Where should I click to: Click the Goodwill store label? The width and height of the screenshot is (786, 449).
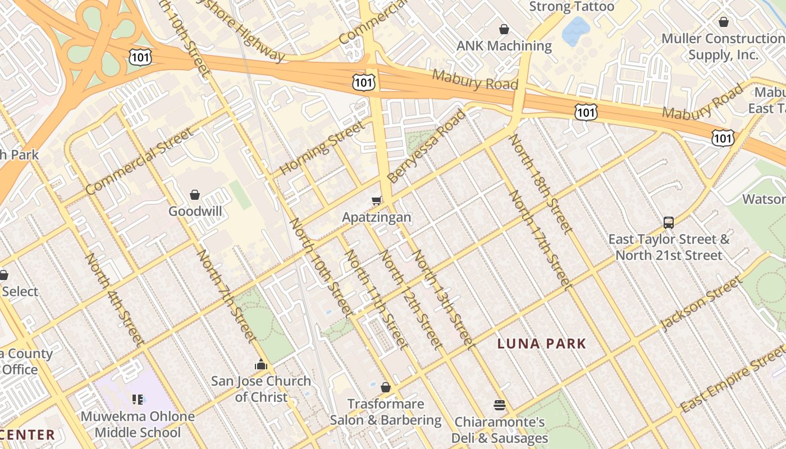click(x=195, y=212)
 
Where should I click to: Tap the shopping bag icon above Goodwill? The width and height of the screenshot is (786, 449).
click(x=195, y=195)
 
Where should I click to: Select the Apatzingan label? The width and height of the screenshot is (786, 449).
click(x=377, y=217)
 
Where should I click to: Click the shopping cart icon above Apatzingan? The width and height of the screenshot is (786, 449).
click(x=377, y=200)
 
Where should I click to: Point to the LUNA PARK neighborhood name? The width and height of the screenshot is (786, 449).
click(x=542, y=343)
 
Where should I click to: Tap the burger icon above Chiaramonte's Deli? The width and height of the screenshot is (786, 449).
click(x=500, y=405)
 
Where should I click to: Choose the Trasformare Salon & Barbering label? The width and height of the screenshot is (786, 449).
click(x=386, y=412)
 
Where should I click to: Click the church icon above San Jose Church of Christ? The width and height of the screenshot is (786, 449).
click(x=261, y=365)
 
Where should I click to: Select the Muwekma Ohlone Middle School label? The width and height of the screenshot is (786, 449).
click(x=138, y=424)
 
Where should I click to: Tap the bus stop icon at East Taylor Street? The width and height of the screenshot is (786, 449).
click(x=669, y=223)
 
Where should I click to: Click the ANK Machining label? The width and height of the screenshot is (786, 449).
click(x=504, y=46)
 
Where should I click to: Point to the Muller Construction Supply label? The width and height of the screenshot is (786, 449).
click(x=723, y=47)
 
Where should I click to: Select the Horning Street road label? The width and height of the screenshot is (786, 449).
click(x=323, y=147)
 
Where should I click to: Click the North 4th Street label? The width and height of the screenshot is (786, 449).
click(x=114, y=299)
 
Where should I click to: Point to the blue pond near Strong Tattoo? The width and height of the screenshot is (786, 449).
click(x=576, y=31)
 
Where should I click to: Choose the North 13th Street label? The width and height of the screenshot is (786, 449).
click(x=444, y=300)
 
